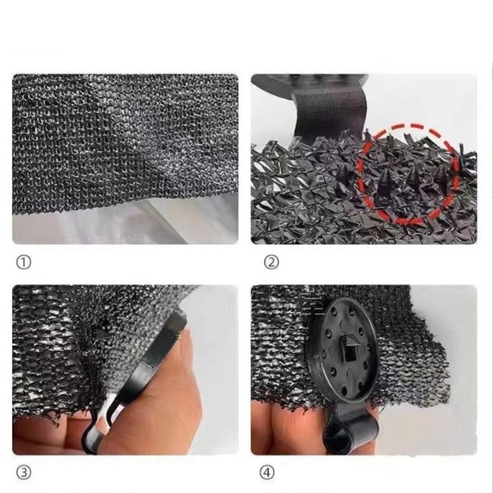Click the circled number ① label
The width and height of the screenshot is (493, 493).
(23, 263)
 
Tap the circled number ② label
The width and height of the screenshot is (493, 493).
(272, 263)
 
